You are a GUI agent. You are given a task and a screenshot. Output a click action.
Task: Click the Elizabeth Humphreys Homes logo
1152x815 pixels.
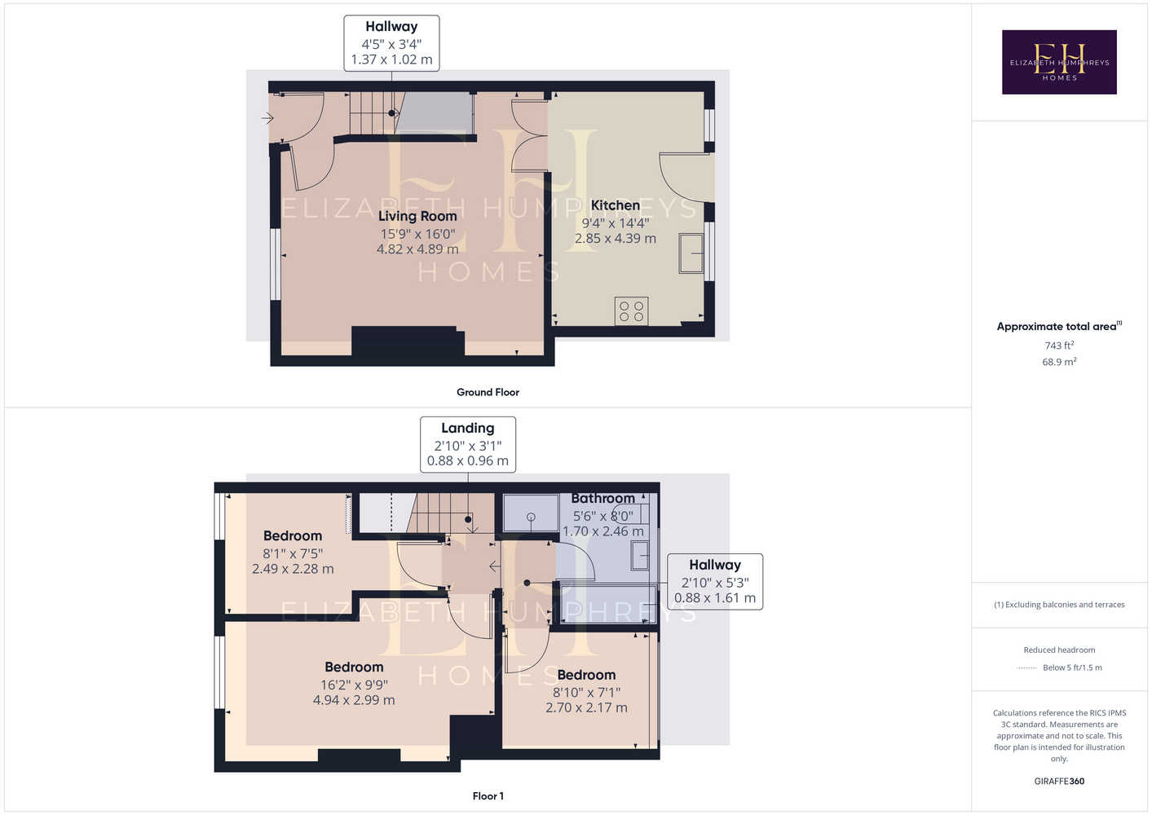click(1059, 62)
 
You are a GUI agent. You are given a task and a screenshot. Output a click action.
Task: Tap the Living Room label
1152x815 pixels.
click(417, 216)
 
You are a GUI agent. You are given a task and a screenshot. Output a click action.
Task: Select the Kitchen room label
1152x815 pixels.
click(615, 205)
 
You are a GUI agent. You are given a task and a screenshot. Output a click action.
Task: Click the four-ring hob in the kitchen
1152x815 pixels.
click(631, 311)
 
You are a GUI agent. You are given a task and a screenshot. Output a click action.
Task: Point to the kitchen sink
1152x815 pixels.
click(691, 253)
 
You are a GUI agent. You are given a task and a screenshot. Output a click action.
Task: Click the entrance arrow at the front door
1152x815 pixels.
click(267, 118)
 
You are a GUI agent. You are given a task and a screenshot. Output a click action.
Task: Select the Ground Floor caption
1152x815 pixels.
click(488, 392)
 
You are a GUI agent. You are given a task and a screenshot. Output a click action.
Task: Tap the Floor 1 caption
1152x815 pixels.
click(488, 796)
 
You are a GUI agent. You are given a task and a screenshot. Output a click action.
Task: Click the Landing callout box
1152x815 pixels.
click(467, 444)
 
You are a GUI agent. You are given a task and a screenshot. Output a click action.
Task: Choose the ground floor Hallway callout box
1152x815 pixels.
click(391, 42)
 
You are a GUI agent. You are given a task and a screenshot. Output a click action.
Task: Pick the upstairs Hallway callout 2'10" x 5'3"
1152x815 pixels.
click(715, 582)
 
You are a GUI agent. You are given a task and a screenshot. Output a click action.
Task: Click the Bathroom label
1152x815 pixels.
click(602, 498)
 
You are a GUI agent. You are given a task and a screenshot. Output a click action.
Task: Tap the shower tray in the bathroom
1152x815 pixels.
click(531, 513)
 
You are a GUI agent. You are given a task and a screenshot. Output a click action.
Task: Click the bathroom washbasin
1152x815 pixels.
click(640, 555)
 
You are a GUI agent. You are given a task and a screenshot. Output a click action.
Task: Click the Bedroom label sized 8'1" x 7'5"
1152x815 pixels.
click(293, 535)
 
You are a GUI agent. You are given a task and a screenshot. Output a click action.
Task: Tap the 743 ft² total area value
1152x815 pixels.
click(1059, 346)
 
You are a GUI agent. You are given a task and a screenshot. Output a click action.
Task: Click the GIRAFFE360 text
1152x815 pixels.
click(1059, 781)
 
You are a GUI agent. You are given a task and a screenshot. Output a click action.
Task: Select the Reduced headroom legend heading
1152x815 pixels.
click(1059, 650)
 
